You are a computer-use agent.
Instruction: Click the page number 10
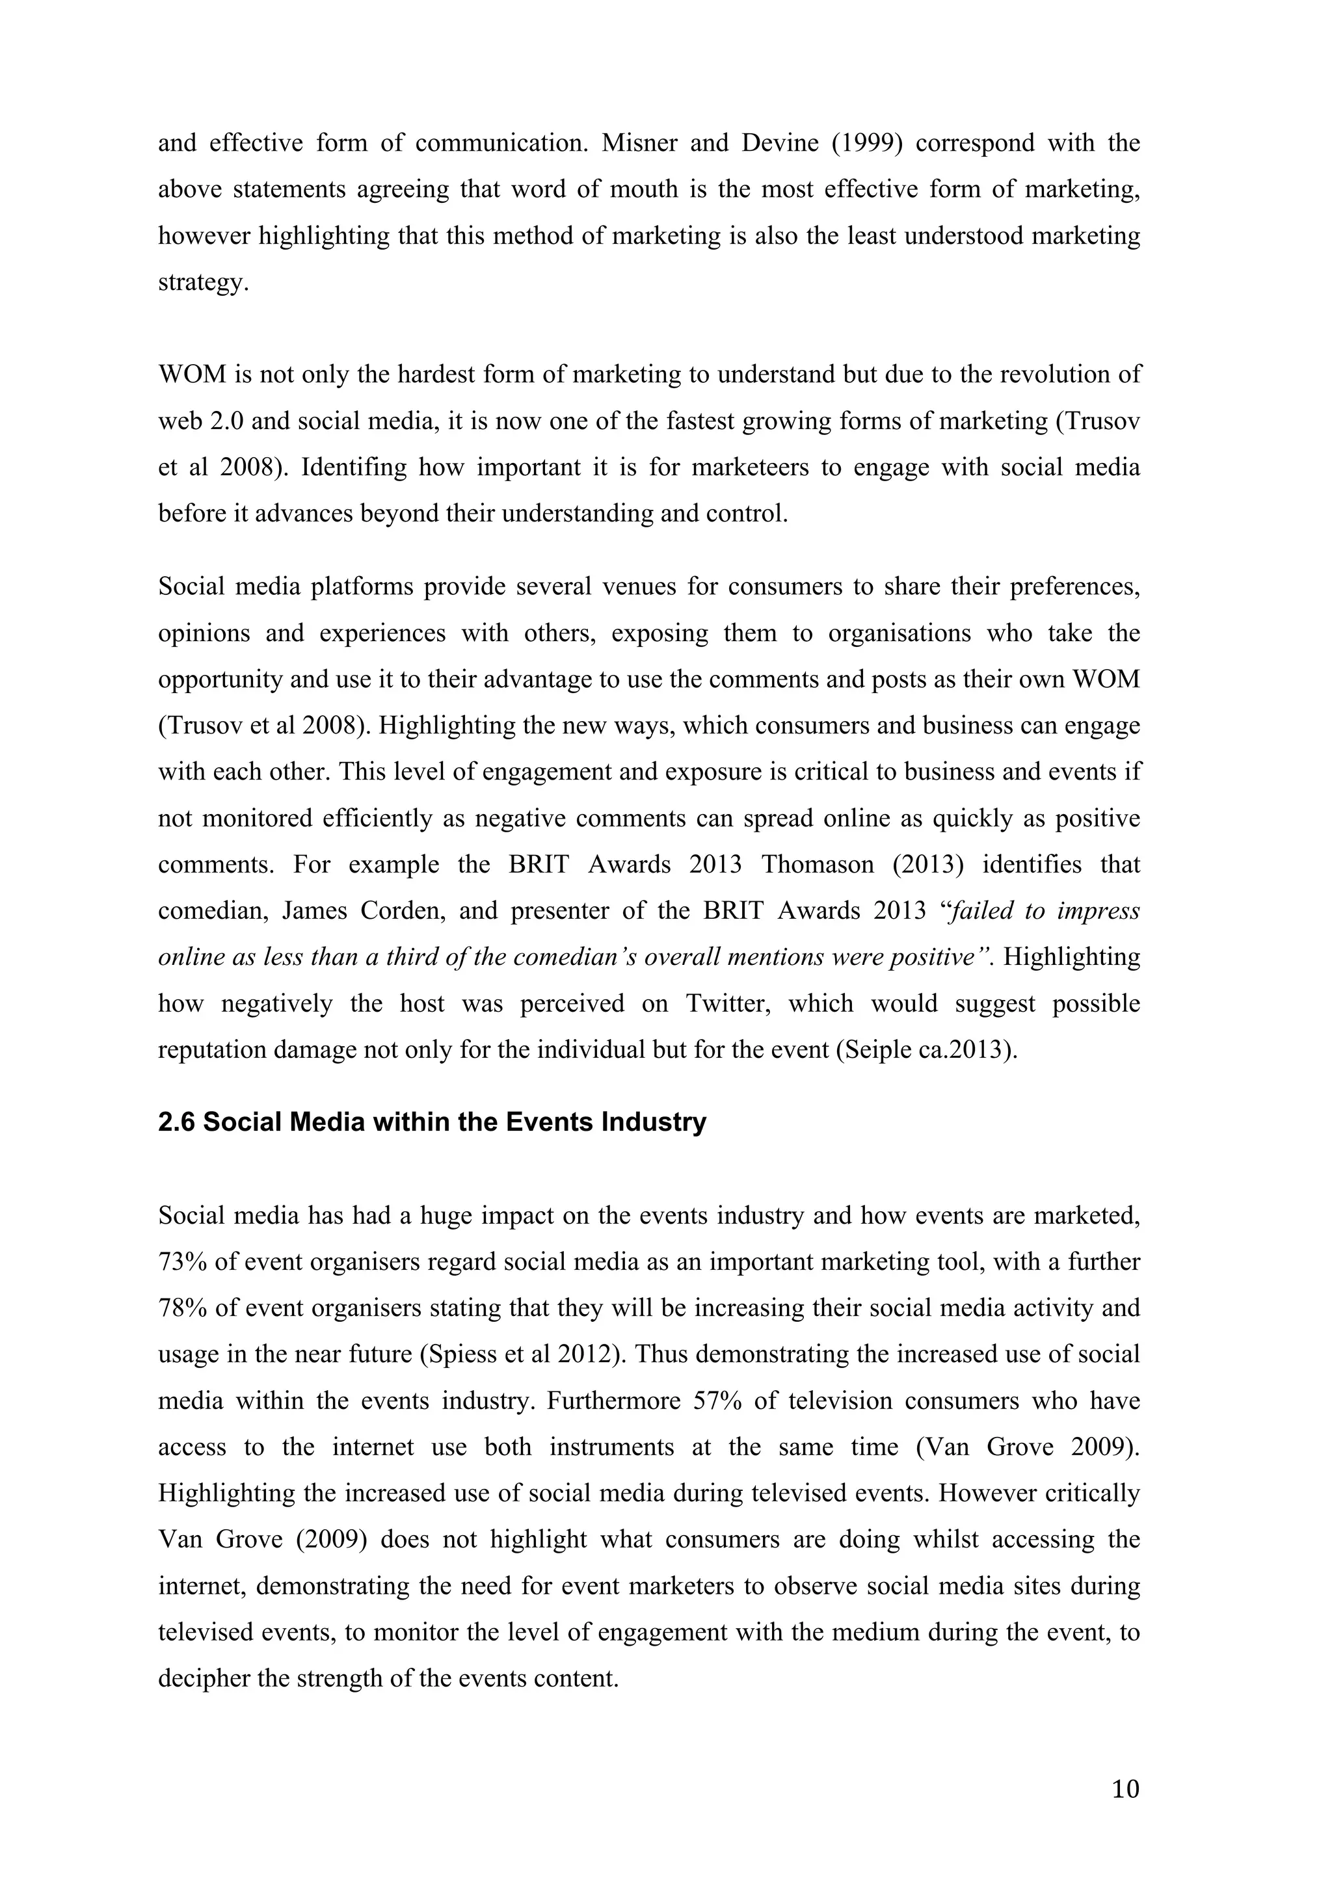point(1125,1789)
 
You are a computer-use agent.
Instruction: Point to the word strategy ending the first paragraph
point(202,283)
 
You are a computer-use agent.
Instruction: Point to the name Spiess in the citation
point(456,1354)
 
